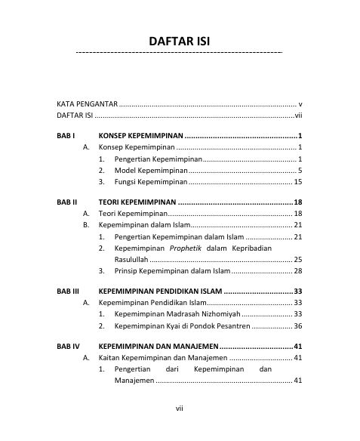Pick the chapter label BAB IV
click(x=69, y=346)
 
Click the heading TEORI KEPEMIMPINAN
click(x=137, y=203)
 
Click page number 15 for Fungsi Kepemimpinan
click(x=298, y=182)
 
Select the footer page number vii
click(x=180, y=409)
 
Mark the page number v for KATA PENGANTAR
click(x=300, y=103)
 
